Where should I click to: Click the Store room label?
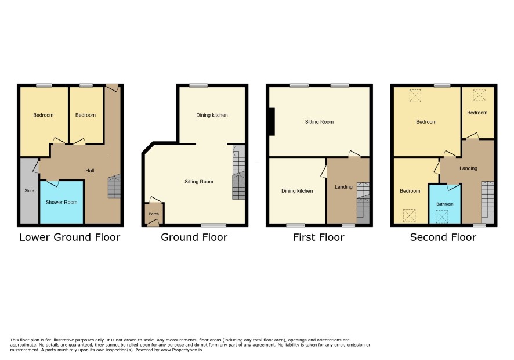29,190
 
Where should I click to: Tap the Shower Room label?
61,202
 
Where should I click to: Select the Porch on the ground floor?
154,214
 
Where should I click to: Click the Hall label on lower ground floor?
90,171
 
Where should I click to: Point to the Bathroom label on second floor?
445,204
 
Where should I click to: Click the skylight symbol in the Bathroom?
441,217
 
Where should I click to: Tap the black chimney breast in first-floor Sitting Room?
272,121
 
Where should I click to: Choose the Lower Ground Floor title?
70,237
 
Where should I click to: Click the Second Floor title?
443,237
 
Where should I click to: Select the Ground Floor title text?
194,237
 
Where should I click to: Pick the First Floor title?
318,237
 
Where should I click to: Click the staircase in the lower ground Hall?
114,186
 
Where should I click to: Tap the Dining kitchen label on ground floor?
212,115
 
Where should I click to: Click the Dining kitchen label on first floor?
297,191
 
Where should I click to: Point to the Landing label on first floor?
343,187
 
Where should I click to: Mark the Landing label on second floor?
468,168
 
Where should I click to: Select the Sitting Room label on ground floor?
198,182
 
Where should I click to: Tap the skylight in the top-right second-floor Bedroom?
479,95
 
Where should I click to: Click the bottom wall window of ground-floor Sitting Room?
213,225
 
